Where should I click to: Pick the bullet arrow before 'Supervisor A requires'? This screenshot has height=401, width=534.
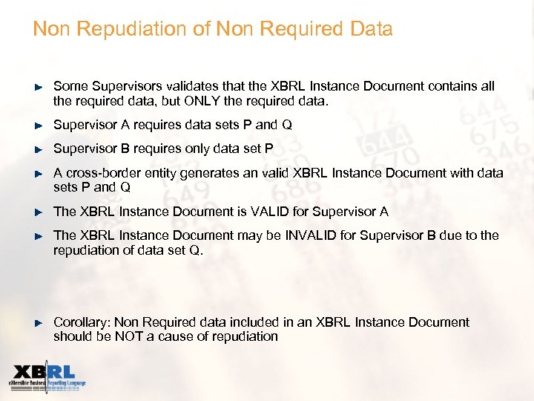pos(40,125)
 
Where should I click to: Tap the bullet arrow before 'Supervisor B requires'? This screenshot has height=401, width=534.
pos(40,149)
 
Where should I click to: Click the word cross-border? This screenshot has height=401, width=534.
pos(100,173)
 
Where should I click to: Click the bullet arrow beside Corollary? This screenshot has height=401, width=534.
pos(40,322)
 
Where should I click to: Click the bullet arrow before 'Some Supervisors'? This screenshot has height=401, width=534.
pos(40,87)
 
